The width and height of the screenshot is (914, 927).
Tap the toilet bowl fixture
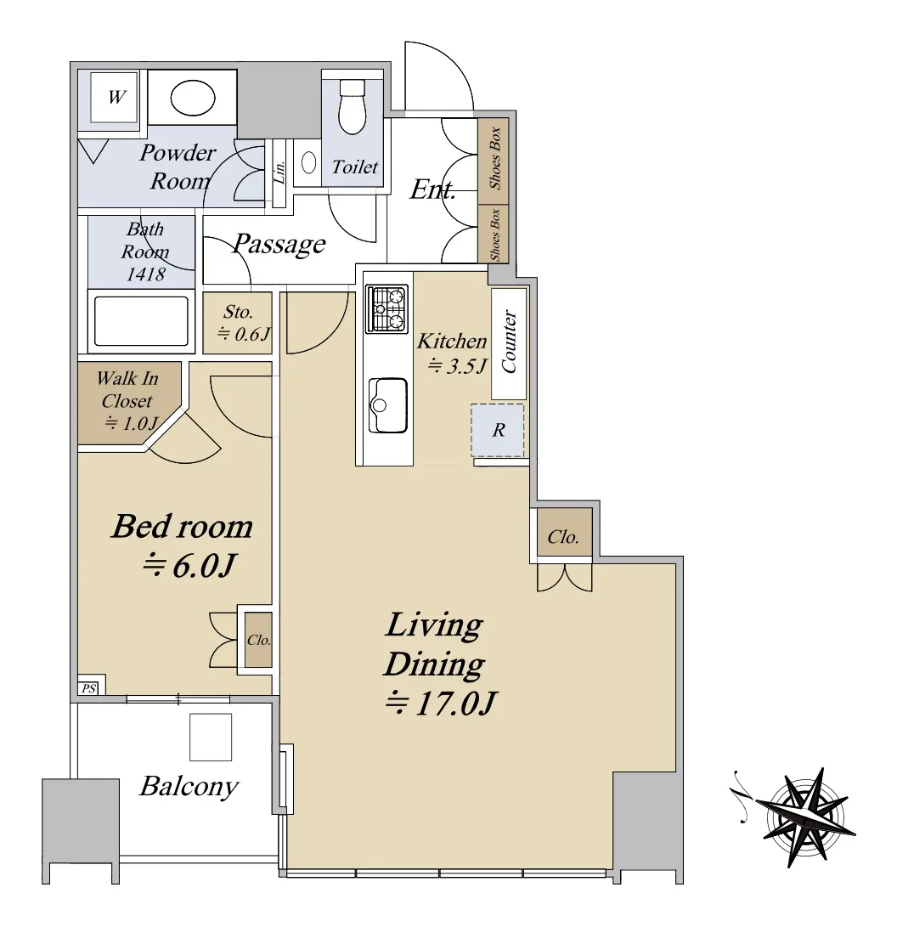tap(353, 106)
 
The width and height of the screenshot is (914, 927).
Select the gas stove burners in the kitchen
tap(386, 308)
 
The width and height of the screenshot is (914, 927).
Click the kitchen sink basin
tap(388, 405)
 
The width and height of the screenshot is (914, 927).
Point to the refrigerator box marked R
tap(497, 430)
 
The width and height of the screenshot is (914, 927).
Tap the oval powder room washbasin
tap(193, 98)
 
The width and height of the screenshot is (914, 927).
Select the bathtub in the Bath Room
tap(141, 320)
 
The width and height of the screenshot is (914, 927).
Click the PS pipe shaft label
tap(88, 688)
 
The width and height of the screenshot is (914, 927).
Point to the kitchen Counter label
tap(509, 342)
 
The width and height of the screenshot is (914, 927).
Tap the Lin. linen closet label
tap(280, 172)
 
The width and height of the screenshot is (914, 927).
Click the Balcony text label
tap(189, 787)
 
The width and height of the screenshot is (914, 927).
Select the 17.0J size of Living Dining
tap(440, 704)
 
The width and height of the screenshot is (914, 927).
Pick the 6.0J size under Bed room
tap(189, 566)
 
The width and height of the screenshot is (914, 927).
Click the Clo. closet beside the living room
tap(563, 537)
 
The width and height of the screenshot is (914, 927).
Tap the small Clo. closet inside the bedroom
tap(259, 640)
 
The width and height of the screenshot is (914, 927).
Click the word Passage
tap(279, 244)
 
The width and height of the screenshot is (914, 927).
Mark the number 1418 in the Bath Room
tap(145, 274)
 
